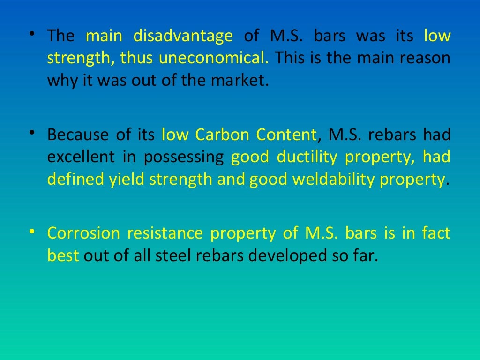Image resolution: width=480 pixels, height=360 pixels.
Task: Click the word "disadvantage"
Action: point(183,36)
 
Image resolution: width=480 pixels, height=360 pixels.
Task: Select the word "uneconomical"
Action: point(213,58)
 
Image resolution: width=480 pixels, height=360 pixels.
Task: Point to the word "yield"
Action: point(127,180)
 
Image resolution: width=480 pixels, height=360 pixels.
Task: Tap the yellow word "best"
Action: point(63,255)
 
